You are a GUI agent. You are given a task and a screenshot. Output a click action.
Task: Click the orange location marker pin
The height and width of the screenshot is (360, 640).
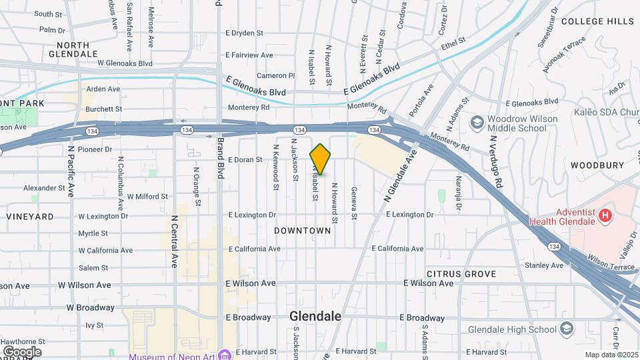coord(321,159)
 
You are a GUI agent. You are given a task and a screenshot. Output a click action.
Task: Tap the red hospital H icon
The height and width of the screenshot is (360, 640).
coord(605,215)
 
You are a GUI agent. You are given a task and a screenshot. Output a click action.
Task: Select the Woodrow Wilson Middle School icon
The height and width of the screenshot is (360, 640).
coord(476,122)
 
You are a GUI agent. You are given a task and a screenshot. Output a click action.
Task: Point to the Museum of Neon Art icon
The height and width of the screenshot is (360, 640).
coord(225,355)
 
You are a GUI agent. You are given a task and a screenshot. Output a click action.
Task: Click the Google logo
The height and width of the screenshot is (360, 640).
coord(22,351)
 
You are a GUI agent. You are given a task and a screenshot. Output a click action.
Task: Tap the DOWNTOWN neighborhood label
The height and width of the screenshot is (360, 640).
coord(303,230)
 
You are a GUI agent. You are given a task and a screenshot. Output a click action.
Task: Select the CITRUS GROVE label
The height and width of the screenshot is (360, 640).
coord(461,274)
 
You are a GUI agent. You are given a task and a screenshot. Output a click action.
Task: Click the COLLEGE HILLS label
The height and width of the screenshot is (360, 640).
coord(597,21)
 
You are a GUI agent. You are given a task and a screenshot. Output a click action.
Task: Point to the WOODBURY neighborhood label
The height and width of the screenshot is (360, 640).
coord(597,165)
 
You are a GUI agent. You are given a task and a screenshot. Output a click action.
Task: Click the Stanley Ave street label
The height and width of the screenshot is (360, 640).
coord(544,265)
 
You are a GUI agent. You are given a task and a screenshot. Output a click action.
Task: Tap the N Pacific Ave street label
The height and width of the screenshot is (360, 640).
coord(70,173)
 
